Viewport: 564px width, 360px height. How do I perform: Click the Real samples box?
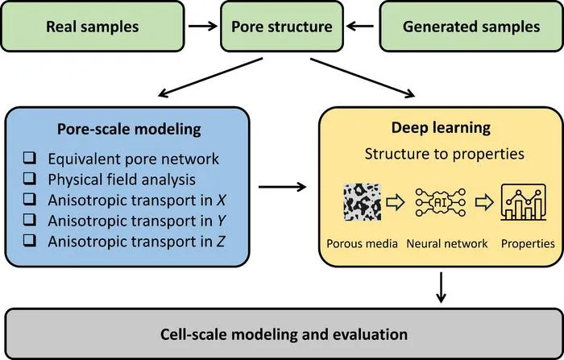click(x=93, y=27)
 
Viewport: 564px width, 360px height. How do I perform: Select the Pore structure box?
click(x=282, y=27)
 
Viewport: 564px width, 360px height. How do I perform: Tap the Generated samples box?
click(x=471, y=27)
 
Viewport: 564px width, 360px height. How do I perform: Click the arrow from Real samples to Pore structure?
click(x=203, y=26)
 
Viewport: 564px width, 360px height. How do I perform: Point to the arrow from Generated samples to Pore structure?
click(x=360, y=26)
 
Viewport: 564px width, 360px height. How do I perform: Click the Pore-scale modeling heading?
click(x=129, y=129)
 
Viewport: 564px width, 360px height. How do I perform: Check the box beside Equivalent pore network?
click(x=30, y=158)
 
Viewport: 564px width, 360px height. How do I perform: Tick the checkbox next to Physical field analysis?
click(x=30, y=179)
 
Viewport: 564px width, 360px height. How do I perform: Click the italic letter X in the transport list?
click(x=221, y=201)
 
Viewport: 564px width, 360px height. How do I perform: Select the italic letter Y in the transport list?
click(x=221, y=221)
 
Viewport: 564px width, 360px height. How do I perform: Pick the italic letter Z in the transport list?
click(x=221, y=242)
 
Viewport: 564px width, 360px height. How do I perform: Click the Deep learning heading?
click(x=441, y=128)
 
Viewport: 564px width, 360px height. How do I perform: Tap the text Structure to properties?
click(x=444, y=154)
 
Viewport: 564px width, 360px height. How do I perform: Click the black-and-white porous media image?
click(x=363, y=202)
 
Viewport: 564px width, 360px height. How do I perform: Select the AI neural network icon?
click(x=440, y=202)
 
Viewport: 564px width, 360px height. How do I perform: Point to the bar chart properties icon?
click(x=524, y=202)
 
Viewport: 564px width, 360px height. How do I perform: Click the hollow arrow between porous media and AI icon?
click(x=396, y=202)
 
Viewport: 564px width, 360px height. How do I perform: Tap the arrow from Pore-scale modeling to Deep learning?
click(x=282, y=187)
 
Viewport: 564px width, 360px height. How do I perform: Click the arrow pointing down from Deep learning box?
click(x=441, y=288)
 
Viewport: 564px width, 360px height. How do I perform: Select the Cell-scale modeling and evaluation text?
click(x=284, y=334)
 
